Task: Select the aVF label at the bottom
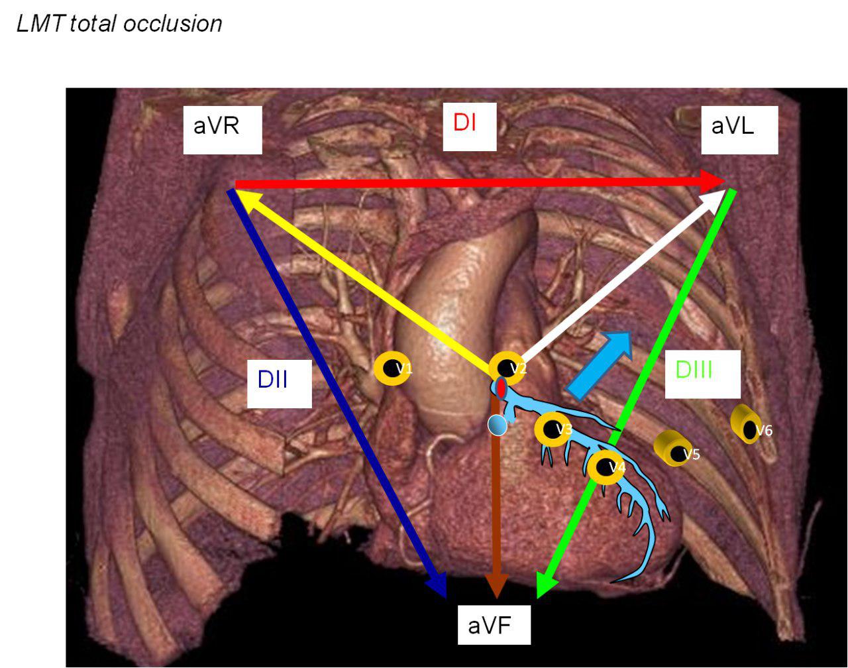pos(494,624)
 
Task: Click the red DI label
pos(465,123)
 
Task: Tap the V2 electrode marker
pos(508,368)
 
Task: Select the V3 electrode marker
pos(553,429)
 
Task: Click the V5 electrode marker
pos(674,451)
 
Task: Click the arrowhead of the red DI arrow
pos(714,181)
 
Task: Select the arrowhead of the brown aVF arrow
pos(497,586)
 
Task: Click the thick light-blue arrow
pos(602,364)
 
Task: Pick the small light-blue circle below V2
pos(497,425)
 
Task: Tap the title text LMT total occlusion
pos(119,25)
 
